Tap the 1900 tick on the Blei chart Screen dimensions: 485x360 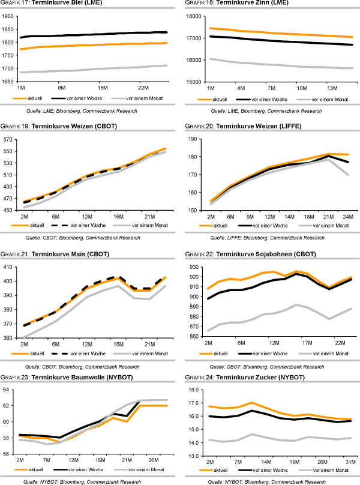(x=9, y=16)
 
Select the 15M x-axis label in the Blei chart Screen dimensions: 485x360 (x=102, y=86)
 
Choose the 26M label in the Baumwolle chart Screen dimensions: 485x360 (x=154, y=461)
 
